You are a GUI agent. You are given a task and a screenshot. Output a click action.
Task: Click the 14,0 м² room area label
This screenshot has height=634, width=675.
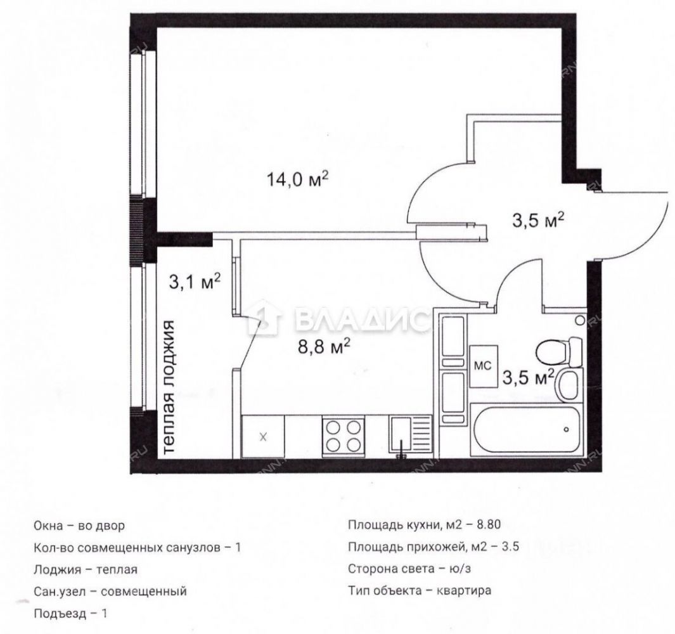click(298, 178)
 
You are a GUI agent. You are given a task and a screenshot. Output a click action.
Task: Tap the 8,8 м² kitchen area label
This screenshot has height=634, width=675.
click(324, 347)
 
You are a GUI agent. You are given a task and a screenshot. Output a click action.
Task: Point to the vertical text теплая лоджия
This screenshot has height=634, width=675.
click(170, 386)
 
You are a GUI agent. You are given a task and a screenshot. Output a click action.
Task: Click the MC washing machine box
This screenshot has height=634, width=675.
click(484, 366)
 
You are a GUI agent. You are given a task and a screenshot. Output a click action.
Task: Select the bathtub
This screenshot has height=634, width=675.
click(525, 429)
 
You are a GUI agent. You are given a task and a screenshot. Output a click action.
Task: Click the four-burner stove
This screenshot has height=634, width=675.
click(344, 436)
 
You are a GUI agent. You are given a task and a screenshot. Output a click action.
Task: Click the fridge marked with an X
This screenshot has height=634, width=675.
click(263, 436)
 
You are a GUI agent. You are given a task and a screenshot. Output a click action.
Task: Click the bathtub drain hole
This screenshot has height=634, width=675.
click(567, 429)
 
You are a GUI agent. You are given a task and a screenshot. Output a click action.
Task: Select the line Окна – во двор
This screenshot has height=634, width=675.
click(79, 526)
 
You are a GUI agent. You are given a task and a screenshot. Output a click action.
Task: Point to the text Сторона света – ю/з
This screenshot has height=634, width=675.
click(409, 569)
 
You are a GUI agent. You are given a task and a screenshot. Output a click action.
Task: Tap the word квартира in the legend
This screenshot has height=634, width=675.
click(464, 590)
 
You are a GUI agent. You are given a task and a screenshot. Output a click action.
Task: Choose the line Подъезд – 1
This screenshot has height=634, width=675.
click(70, 613)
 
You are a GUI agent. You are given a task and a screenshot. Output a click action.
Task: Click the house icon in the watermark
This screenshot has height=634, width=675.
click(266, 318)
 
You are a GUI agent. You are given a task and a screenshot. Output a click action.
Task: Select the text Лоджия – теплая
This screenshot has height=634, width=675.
click(85, 569)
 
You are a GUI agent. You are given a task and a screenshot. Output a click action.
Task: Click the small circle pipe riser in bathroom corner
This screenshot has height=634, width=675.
click(581, 320)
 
